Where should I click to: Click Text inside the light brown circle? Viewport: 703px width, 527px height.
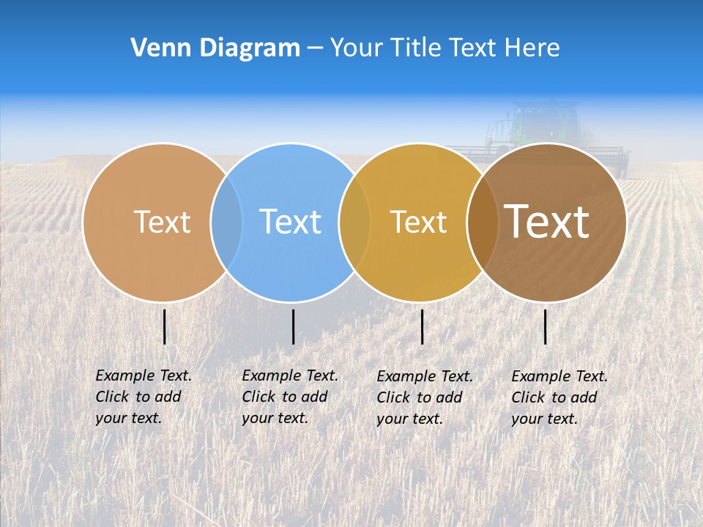tap(162, 222)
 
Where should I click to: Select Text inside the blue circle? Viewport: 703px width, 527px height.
tap(290, 222)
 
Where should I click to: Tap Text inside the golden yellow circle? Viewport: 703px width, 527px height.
tap(418, 222)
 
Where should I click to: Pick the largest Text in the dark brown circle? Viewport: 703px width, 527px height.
tap(547, 221)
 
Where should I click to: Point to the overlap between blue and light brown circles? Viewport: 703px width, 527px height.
tap(226, 222)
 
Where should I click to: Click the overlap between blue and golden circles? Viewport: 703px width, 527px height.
tap(354, 222)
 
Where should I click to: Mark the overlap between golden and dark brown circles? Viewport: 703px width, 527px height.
tap(482, 222)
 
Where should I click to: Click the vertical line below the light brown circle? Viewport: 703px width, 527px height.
tap(165, 326)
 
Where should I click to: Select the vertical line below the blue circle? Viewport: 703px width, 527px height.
tap(293, 326)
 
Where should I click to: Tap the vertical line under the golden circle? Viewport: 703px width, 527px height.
tap(422, 326)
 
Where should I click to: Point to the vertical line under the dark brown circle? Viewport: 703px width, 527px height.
tap(546, 326)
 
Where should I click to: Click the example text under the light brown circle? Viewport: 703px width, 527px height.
tap(143, 397)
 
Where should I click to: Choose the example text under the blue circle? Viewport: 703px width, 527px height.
tap(289, 397)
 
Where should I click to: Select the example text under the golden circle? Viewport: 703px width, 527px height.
tap(424, 397)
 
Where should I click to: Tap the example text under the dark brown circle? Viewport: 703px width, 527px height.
tap(559, 397)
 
